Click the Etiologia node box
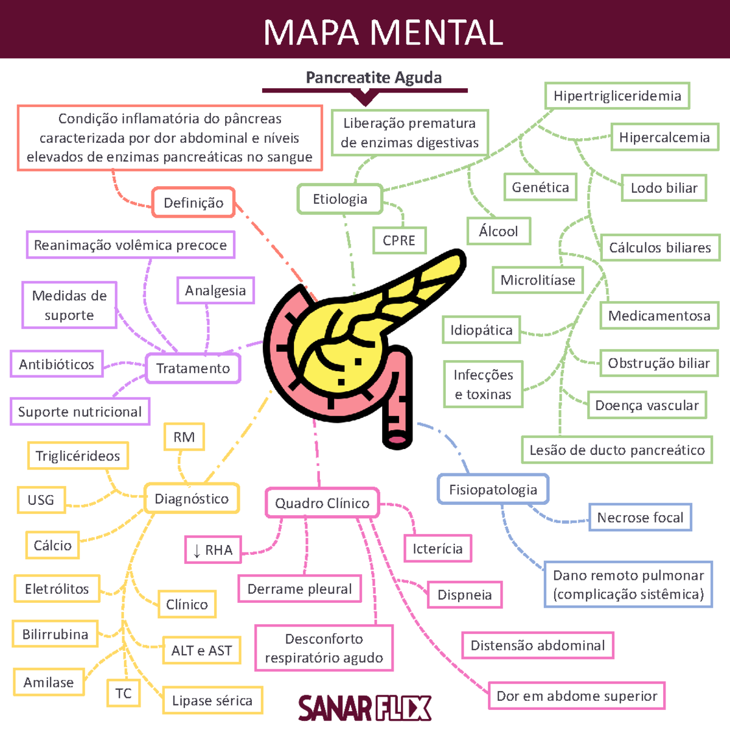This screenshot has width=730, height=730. tap(340, 199)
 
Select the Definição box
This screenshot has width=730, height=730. tap(193, 203)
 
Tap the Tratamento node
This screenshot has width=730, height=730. tap(193, 368)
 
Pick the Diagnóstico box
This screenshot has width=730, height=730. tap(192, 499)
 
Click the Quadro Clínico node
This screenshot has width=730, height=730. tap(322, 503)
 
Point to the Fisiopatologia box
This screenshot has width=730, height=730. tap(493, 490)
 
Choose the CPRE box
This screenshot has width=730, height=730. tap(399, 240)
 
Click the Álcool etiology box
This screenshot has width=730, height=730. tap(498, 231)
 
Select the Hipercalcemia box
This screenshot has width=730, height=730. tap(664, 137)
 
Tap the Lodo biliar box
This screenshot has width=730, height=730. tap(664, 188)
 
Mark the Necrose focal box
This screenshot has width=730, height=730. tap(640, 518)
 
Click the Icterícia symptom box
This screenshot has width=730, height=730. tap(437, 549)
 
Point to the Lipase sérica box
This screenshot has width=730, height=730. tap(212, 701)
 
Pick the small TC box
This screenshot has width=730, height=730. tap(123, 693)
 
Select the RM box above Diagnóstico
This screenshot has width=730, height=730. tap(184, 437)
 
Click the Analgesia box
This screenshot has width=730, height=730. tap(215, 291)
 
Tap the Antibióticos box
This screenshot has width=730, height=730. tap(57, 364)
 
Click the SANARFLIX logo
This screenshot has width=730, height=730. tap(364, 708)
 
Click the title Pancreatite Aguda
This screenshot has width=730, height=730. tap(374, 78)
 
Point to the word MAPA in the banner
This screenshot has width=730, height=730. tap(311, 32)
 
